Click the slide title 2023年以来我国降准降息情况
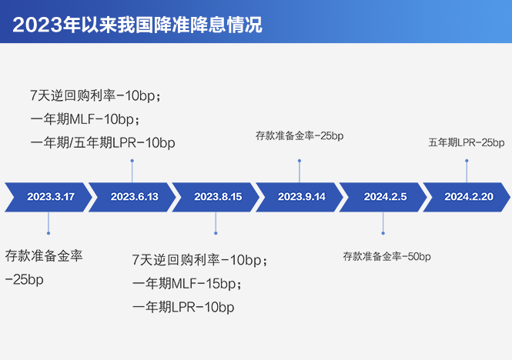point(137,25)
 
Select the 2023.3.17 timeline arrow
point(49,197)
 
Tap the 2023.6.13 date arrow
point(132,197)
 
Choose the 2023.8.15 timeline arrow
point(216,197)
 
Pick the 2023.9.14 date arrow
point(300,197)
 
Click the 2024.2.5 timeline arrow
point(383,197)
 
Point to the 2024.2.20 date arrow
point(467,197)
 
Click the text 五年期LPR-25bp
point(467,142)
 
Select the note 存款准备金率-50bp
point(387,256)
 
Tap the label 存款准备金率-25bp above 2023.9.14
point(300,136)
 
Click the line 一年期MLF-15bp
point(187,284)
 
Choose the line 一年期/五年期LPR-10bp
point(103,143)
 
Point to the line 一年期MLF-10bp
point(85,119)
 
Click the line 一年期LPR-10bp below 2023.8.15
point(183,307)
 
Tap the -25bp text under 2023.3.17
point(24,280)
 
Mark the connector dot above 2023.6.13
point(132,161)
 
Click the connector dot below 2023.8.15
point(216,233)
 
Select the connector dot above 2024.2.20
point(467,161)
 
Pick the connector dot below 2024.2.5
point(383,233)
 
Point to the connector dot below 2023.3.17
point(49,233)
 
